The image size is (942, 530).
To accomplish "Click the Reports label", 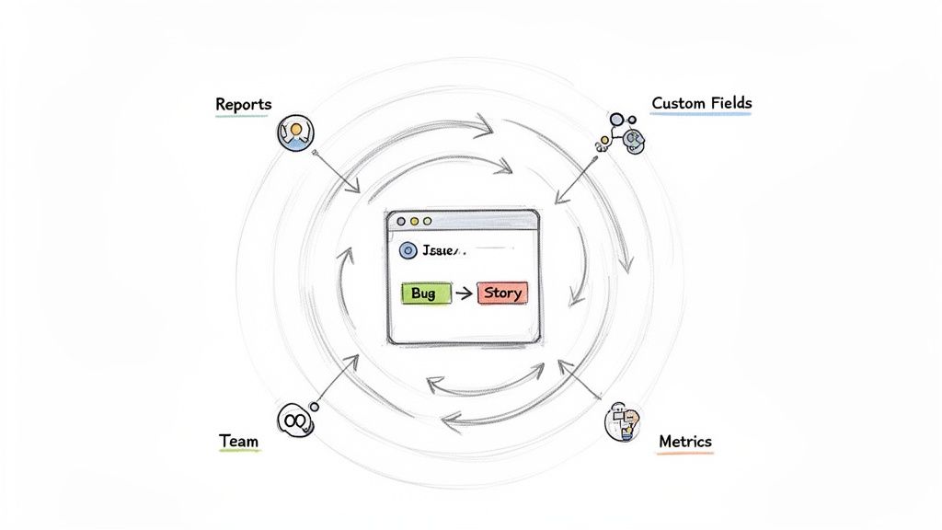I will pyautogui.click(x=244, y=104).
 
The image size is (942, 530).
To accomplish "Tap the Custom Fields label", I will pyautogui.click(x=701, y=103).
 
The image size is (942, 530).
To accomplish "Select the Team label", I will pyautogui.click(x=239, y=441).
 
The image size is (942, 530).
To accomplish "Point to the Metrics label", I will pyautogui.click(x=685, y=442).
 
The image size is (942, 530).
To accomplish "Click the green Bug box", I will pyautogui.click(x=426, y=294).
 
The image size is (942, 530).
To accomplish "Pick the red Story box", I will pyautogui.click(x=502, y=294).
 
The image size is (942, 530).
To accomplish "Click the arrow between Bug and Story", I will pyautogui.click(x=464, y=294).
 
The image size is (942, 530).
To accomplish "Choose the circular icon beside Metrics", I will pyautogui.click(x=622, y=421).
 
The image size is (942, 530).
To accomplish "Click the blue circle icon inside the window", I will pyautogui.click(x=408, y=250).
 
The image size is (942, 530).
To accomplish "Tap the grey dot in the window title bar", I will pyautogui.click(x=400, y=222).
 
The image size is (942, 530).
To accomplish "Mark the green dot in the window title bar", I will pyautogui.click(x=426, y=222).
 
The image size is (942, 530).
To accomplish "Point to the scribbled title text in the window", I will pyautogui.click(x=444, y=250).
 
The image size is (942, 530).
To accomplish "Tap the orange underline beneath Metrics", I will pyautogui.click(x=685, y=454).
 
